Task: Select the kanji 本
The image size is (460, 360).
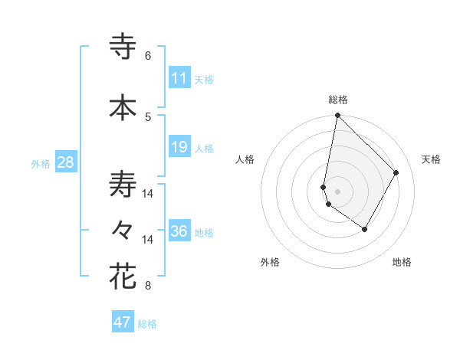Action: (123, 107)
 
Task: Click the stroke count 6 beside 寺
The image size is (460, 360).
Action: (148, 56)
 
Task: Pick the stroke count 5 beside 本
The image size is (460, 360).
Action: (148, 116)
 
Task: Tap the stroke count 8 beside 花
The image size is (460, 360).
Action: (148, 286)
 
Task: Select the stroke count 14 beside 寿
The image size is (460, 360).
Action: (148, 194)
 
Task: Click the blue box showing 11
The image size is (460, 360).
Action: (179, 78)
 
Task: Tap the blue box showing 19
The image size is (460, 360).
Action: (179, 147)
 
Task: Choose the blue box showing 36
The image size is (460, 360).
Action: (179, 231)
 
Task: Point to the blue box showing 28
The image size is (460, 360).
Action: (64, 162)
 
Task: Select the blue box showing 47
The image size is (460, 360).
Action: (122, 322)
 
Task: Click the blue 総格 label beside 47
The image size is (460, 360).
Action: (147, 324)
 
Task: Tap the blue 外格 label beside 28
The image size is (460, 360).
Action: (41, 163)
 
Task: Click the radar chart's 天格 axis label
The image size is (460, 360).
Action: (431, 159)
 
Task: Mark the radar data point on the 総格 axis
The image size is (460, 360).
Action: (337, 116)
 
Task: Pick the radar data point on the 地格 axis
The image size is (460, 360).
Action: (365, 229)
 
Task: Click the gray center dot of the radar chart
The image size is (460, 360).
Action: (337, 191)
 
